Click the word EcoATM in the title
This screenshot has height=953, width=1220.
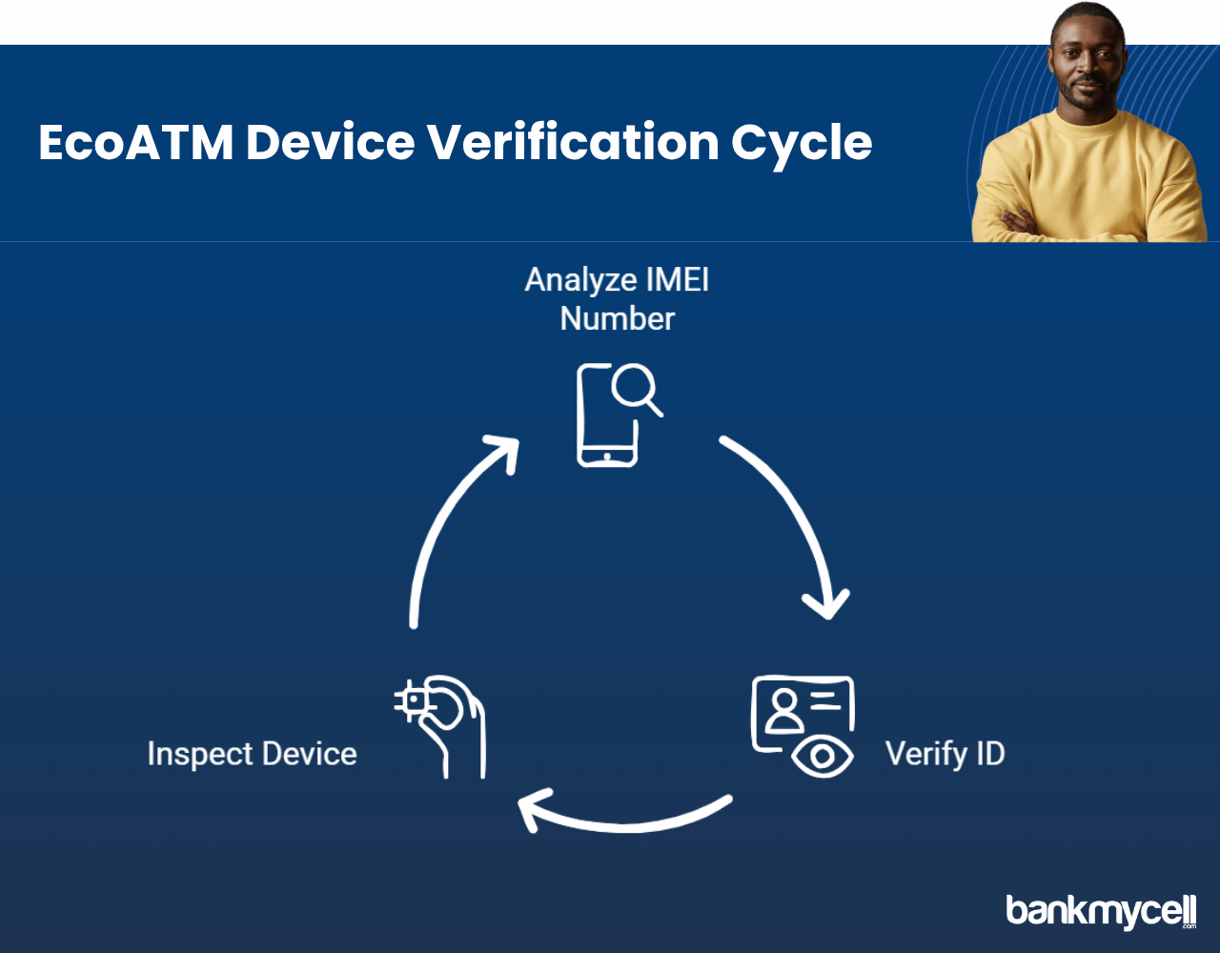(x=136, y=143)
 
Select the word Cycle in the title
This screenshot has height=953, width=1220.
(x=802, y=146)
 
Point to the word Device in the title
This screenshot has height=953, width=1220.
(x=330, y=142)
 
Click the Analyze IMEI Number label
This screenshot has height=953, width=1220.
(x=617, y=299)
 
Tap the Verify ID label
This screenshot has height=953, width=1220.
(x=945, y=754)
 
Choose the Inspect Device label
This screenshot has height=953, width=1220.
(x=252, y=754)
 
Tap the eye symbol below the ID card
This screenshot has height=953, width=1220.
(x=823, y=757)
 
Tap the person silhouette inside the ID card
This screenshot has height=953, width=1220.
(x=784, y=711)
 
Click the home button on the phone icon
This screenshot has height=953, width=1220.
(x=607, y=456)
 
